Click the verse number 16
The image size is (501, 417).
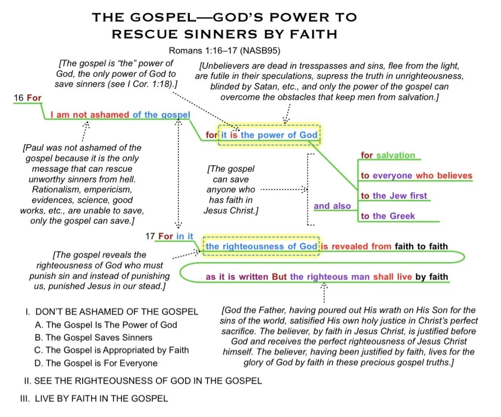[x=19, y=98]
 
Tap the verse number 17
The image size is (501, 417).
[x=150, y=236]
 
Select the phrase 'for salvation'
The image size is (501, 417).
[x=387, y=155]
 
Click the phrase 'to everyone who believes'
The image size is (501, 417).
[x=416, y=176]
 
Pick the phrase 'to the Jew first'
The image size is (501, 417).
[x=394, y=196]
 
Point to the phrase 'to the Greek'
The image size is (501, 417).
[x=387, y=216]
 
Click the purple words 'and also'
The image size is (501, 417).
[x=332, y=206]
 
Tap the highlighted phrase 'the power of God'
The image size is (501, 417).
[x=279, y=135]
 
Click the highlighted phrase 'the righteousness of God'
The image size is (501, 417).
[x=261, y=246]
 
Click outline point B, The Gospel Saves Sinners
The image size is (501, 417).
[x=99, y=337]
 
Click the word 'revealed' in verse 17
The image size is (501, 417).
[x=349, y=246]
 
